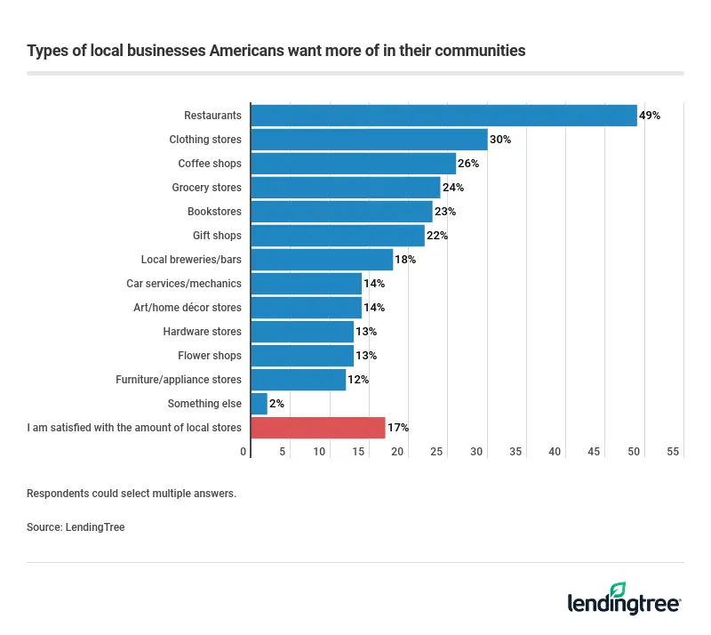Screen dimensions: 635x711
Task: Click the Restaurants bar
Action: click(x=444, y=116)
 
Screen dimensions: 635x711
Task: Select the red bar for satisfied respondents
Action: click(x=318, y=428)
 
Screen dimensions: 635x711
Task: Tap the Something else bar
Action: click(x=260, y=404)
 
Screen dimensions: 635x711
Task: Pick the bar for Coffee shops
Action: click(x=354, y=164)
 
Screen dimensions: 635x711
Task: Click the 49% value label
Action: click(x=650, y=116)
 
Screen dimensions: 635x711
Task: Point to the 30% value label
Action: click(x=500, y=140)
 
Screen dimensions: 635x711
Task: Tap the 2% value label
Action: click(x=276, y=404)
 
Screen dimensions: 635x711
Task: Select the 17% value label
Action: click(x=397, y=428)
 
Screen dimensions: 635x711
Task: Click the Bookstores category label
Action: click(x=214, y=212)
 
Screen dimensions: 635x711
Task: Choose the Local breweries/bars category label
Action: click(x=191, y=260)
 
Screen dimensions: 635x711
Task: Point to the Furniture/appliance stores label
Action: click(x=179, y=380)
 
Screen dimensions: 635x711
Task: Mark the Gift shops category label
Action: click(x=217, y=236)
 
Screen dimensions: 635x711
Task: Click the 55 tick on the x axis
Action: click(x=673, y=453)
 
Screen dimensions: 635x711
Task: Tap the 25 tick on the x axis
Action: click(x=437, y=453)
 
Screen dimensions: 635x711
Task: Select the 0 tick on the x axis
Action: click(x=244, y=453)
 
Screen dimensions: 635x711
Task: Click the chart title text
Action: click(x=276, y=51)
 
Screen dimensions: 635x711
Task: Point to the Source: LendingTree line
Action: click(x=76, y=527)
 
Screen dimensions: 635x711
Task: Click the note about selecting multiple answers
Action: click(x=132, y=494)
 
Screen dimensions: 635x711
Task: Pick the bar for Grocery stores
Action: click(x=346, y=188)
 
